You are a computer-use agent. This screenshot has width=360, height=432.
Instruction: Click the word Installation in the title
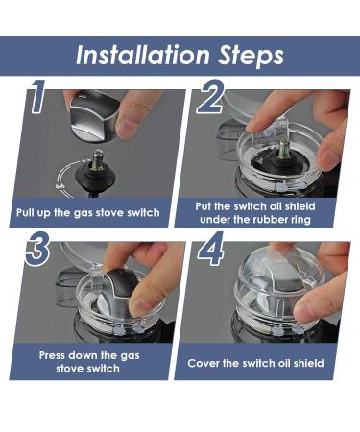coord(142,55)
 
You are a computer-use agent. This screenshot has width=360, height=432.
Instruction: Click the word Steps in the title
coord(251,57)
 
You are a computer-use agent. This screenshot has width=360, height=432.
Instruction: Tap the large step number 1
coord(37,96)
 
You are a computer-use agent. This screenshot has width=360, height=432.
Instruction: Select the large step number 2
coord(209,96)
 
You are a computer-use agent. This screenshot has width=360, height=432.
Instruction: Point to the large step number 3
coord(37,249)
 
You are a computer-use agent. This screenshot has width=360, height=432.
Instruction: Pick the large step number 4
coord(210,249)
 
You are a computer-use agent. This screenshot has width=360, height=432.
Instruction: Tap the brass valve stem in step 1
coord(98,159)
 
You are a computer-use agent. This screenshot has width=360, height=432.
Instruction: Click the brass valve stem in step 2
coord(283,149)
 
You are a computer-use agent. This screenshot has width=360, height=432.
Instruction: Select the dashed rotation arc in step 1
coord(60,180)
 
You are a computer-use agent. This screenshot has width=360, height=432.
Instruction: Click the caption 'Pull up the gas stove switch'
coord(88,213)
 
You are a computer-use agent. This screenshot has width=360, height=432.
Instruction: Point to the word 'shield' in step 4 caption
coord(308,363)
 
